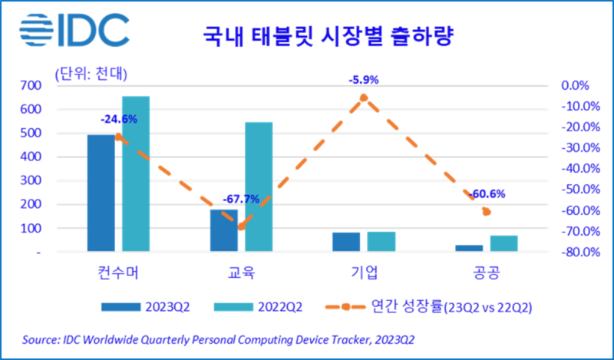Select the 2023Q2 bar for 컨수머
(101, 193)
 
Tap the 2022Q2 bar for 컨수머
(136, 173)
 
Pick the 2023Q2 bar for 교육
(224, 230)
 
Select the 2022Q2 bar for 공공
(504, 243)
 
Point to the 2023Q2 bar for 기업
(346, 242)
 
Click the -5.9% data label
(363, 78)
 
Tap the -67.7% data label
(240, 200)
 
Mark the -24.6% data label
(118, 119)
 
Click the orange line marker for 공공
(486, 212)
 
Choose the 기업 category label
(363, 273)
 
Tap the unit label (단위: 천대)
(91, 74)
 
